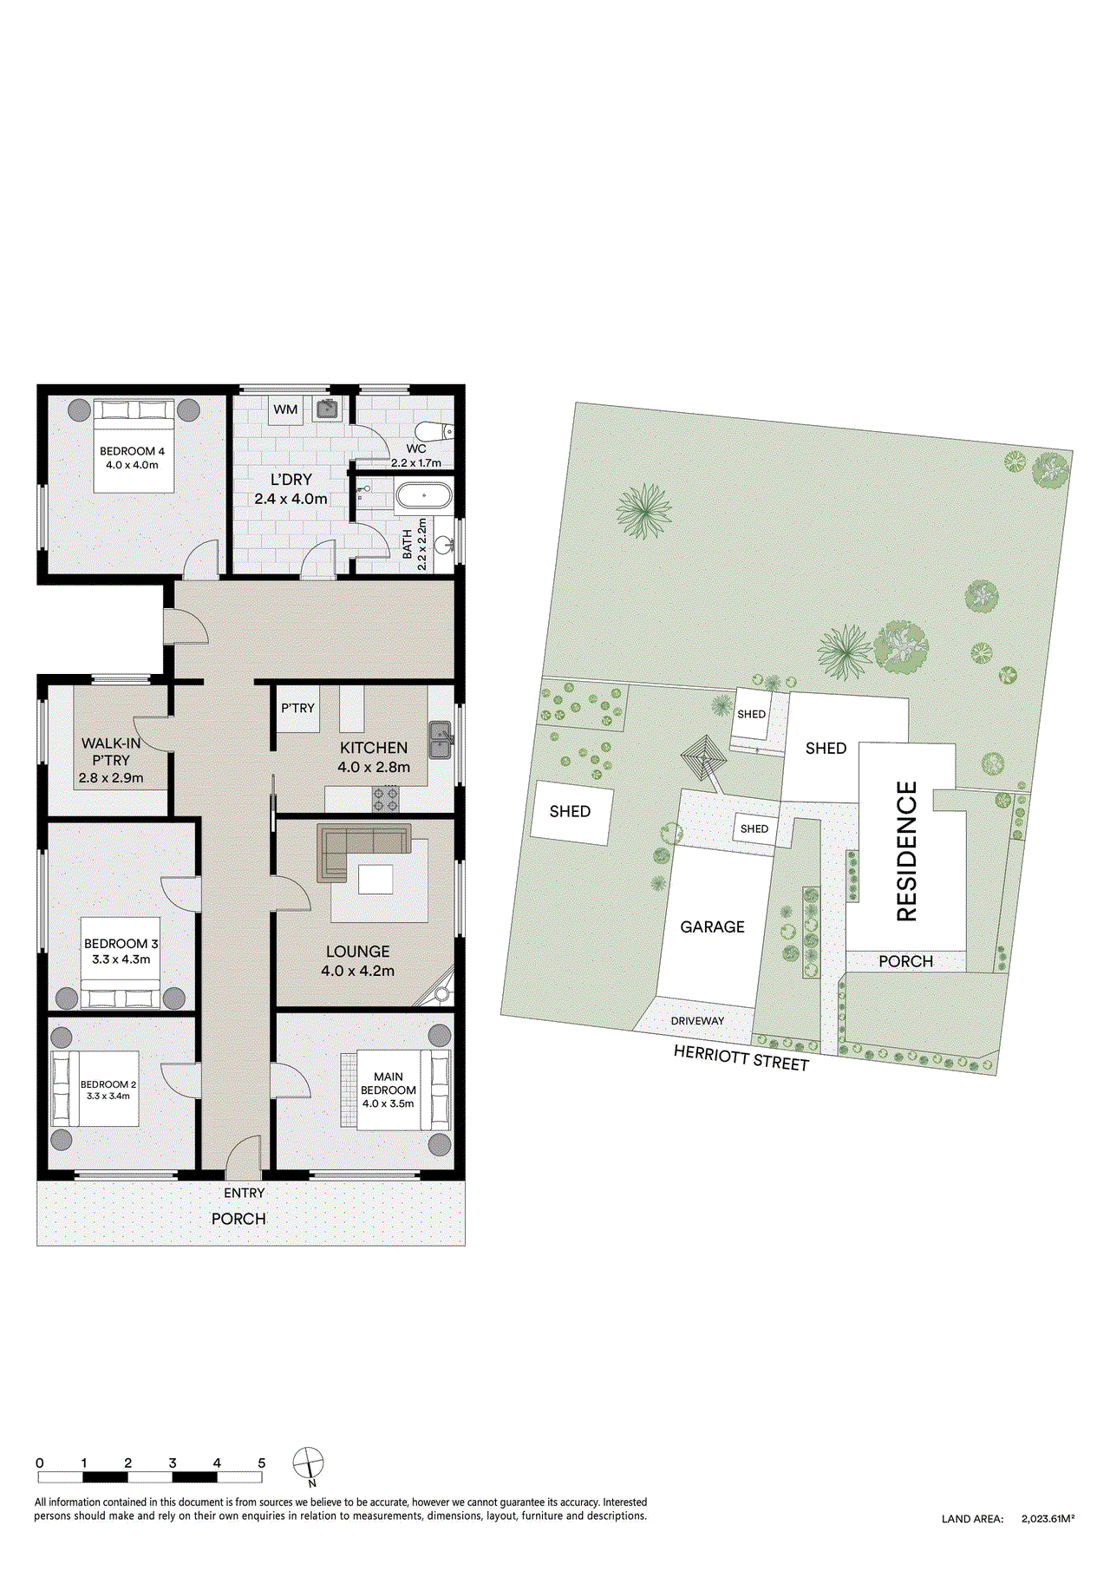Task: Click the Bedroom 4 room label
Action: pyautogui.click(x=132, y=451)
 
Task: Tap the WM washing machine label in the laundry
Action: pyautogui.click(x=285, y=409)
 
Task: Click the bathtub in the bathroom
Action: pyautogui.click(x=423, y=496)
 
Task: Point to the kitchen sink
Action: pyautogui.click(x=441, y=739)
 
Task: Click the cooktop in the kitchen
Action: pyautogui.click(x=386, y=799)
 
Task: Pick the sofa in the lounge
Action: pyautogui.click(x=362, y=846)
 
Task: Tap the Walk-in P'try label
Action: pyautogui.click(x=111, y=751)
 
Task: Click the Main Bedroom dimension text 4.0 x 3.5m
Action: pyautogui.click(x=388, y=1103)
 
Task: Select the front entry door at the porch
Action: pyautogui.click(x=244, y=1156)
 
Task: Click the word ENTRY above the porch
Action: pyautogui.click(x=244, y=1193)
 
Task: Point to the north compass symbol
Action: pyautogui.click(x=308, y=1463)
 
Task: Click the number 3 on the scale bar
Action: pyautogui.click(x=173, y=1463)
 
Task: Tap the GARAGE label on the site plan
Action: pyautogui.click(x=712, y=926)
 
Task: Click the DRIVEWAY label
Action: pyautogui.click(x=697, y=1021)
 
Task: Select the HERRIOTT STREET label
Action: pyautogui.click(x=741, y=1057)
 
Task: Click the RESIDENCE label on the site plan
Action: pyautogui.click(x=906, y=851)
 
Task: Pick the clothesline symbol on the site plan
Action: pyautogui.click(x=705, y=758)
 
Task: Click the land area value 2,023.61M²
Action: pyautogui.click(x=1048, y=1519)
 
